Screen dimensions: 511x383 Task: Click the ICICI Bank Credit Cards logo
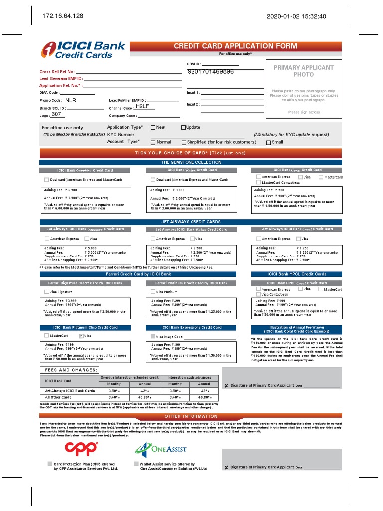(83, 50)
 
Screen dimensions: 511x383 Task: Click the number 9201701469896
(210, 72)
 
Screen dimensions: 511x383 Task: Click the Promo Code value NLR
(71, 100)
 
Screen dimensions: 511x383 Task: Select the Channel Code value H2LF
(143, 107)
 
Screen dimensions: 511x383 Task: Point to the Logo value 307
(56, 114)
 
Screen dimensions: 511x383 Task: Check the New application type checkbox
(153, 127)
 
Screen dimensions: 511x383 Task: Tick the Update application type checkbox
(183, 127)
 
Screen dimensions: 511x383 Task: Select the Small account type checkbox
(268, 142)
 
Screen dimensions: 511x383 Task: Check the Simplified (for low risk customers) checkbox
(183, 142)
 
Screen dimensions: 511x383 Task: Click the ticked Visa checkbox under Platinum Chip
(81, 336)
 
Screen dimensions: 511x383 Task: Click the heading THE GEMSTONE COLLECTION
(191, 162)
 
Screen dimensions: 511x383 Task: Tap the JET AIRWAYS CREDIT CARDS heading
(191, 222)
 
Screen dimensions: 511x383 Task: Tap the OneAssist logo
(160, 449)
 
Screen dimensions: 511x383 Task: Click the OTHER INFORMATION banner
(191, 416)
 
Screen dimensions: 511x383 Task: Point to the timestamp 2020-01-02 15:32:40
(296, 16)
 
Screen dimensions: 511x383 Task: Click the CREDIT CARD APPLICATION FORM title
(235, 46)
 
